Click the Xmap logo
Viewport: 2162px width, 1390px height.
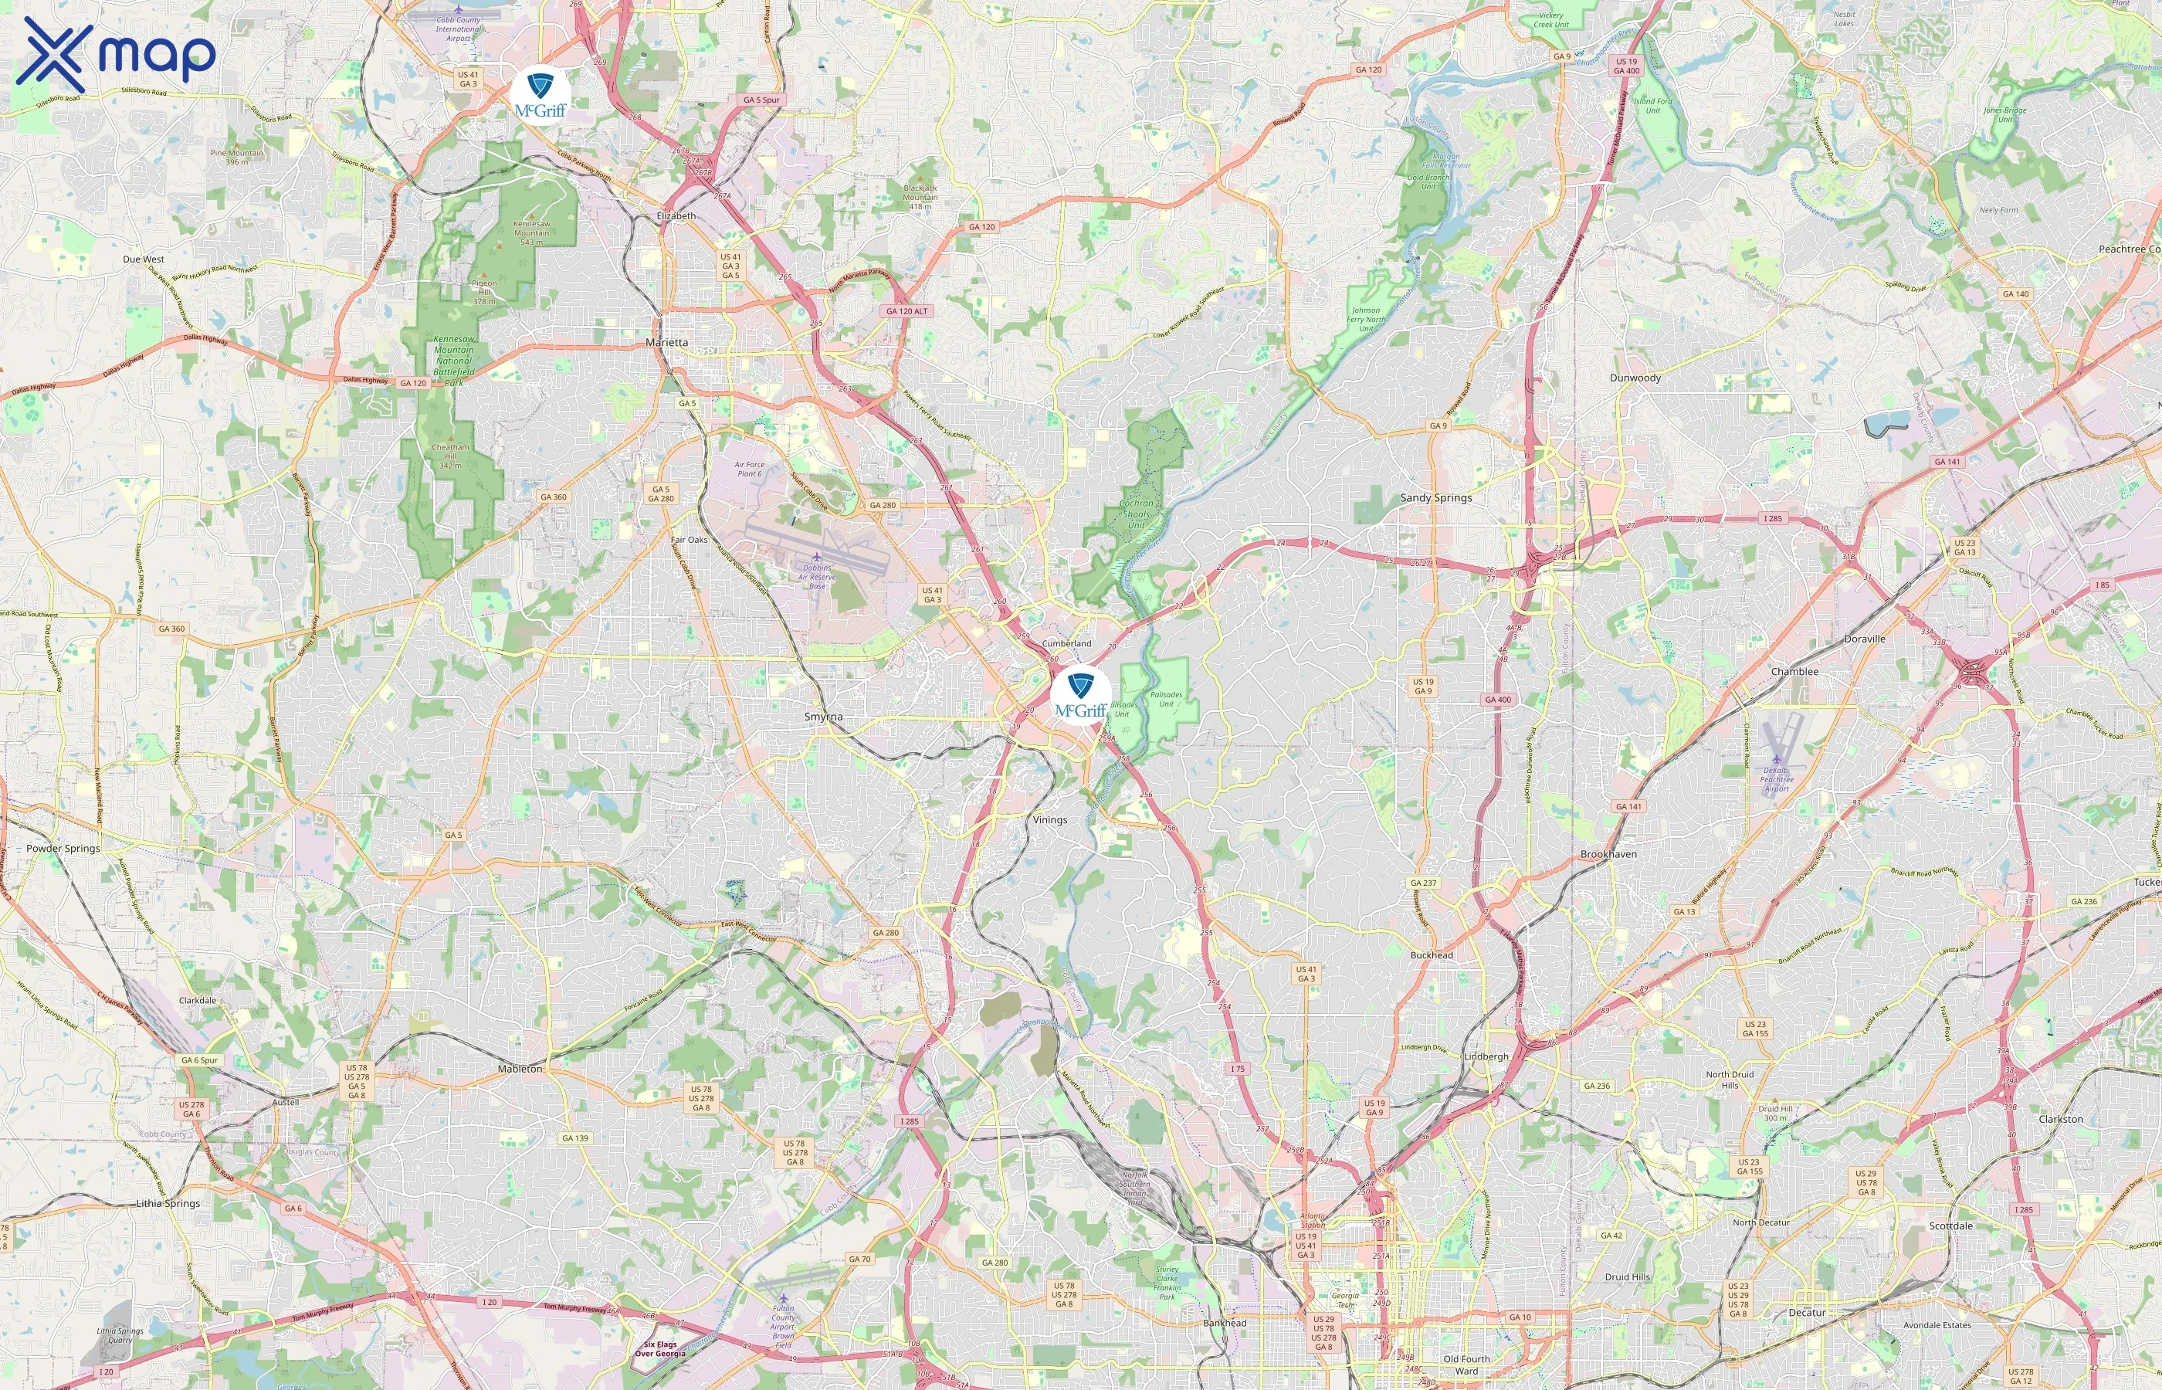[x=116, y=54]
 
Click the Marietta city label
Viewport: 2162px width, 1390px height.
[x=667, y=343]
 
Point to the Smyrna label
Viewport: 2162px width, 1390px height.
[x=823, y=717]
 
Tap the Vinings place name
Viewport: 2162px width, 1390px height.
[x=1049, y=820]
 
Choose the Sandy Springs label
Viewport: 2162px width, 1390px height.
[x=1435, y=497]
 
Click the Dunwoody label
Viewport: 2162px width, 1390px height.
[x=1635, y=378]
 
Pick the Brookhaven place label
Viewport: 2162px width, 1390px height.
[x=1608, y=854]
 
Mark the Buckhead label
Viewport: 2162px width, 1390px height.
[x=1431, y=955]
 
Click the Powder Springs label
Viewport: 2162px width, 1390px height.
[x=63, y=849]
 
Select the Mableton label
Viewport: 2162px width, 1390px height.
[x=520, y=1069]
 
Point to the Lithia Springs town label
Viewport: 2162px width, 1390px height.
[x=168, y=1203]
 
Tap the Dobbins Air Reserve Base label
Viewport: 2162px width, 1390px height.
[x=817, y=577]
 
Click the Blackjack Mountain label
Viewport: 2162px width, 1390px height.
[x=920, y=197]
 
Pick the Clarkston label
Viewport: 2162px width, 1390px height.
[x=2060, y=1119]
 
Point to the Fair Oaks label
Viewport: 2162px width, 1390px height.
[x=689, y=540]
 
